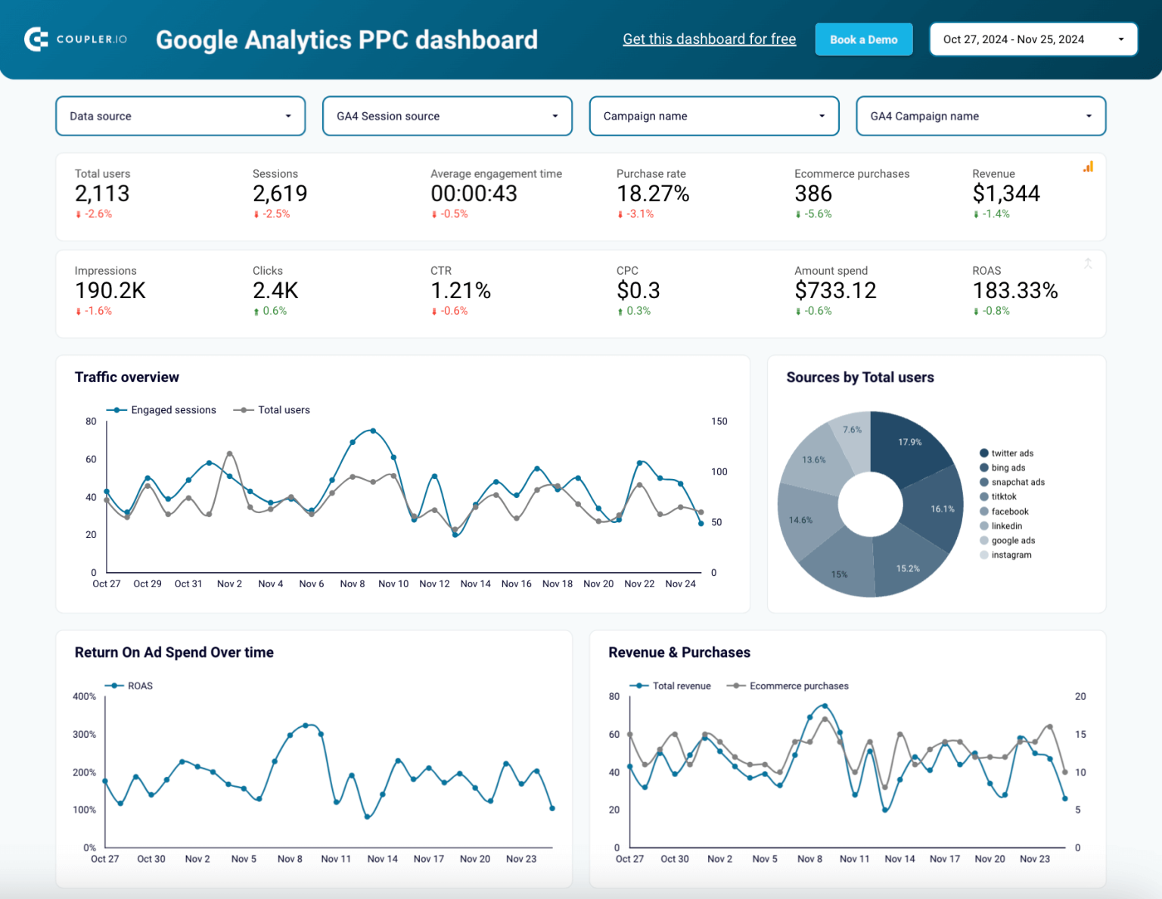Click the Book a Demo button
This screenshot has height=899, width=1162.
pos(863,39)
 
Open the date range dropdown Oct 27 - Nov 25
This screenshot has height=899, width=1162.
pos(1033,39)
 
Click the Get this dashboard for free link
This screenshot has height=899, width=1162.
pos(709,39)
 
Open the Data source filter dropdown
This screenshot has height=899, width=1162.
pos(180,116)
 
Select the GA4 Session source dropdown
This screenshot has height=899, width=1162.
pos(447,116)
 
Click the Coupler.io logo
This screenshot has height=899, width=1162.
pos(76,39)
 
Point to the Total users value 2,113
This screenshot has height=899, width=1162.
pos(102,194)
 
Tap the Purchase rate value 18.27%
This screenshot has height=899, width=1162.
pos(652,194)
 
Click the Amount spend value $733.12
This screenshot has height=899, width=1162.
pos(835,291)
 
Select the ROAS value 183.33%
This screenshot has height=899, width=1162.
pos(1014,291)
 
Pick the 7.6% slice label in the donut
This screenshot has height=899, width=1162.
pos(853,430)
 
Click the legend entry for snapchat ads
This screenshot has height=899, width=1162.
pos(1018,482)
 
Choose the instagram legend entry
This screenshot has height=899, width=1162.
pos(1011,555)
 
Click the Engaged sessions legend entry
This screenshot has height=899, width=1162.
pos(172,410)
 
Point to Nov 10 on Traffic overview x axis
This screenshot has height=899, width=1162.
pos(393,584)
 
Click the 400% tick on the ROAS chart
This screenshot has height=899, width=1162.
pos(84,696)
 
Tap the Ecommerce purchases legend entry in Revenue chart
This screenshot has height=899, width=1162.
pos(798,686)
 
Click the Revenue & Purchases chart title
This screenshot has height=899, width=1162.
pos(679,652)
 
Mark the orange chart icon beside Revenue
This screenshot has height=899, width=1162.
pos(1088,166)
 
